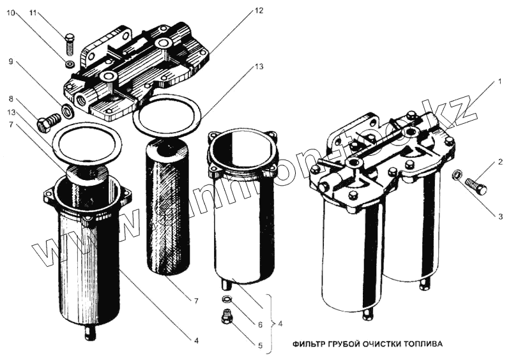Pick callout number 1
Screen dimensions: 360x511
501,82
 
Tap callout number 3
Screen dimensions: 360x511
501,216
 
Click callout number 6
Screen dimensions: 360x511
260,324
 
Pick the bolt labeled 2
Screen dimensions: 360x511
475,186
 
